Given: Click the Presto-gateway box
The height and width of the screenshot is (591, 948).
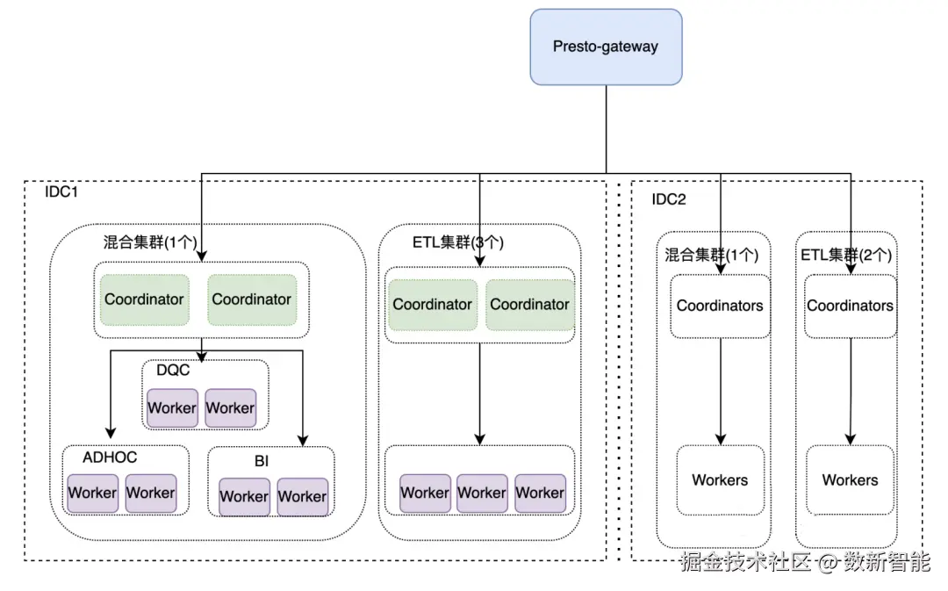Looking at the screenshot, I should (x=606, y=47).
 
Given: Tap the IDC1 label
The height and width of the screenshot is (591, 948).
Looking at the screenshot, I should (x=61, y=191).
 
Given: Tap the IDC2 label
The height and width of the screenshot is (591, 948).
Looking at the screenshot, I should (x=668, y=199).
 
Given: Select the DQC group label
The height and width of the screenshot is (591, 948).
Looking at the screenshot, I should (x=173, y=371).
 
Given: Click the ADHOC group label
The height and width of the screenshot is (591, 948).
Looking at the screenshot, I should (x=110, y=457).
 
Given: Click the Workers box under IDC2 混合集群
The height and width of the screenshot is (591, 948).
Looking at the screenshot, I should (x=720, y=480).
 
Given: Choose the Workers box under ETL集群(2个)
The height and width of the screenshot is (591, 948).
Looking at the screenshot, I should (x=850, y=480).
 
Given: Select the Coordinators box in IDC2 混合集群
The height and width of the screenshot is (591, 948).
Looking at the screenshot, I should (x=720, y=306).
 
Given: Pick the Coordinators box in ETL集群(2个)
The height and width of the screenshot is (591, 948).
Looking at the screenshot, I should (x=850, y=306).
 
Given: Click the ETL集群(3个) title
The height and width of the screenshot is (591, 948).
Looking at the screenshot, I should (x=457, y=242).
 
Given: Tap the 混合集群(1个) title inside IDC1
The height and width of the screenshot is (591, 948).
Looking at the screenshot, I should (x=150, y=241).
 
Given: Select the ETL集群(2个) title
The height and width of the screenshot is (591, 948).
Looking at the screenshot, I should (x=846, y=256).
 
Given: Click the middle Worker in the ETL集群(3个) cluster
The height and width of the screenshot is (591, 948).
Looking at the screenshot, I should (x=482, y=494).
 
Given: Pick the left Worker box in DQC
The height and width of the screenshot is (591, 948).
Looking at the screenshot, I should (x=172, y=408).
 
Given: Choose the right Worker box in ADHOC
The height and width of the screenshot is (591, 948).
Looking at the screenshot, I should (x=150, y=494).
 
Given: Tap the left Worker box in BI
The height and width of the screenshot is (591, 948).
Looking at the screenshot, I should (x=244, y=497).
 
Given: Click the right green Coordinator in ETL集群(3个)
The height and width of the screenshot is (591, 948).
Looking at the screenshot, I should (x=529, y=305).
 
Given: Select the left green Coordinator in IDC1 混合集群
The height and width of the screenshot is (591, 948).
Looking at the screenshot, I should (x=144, y=299).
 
